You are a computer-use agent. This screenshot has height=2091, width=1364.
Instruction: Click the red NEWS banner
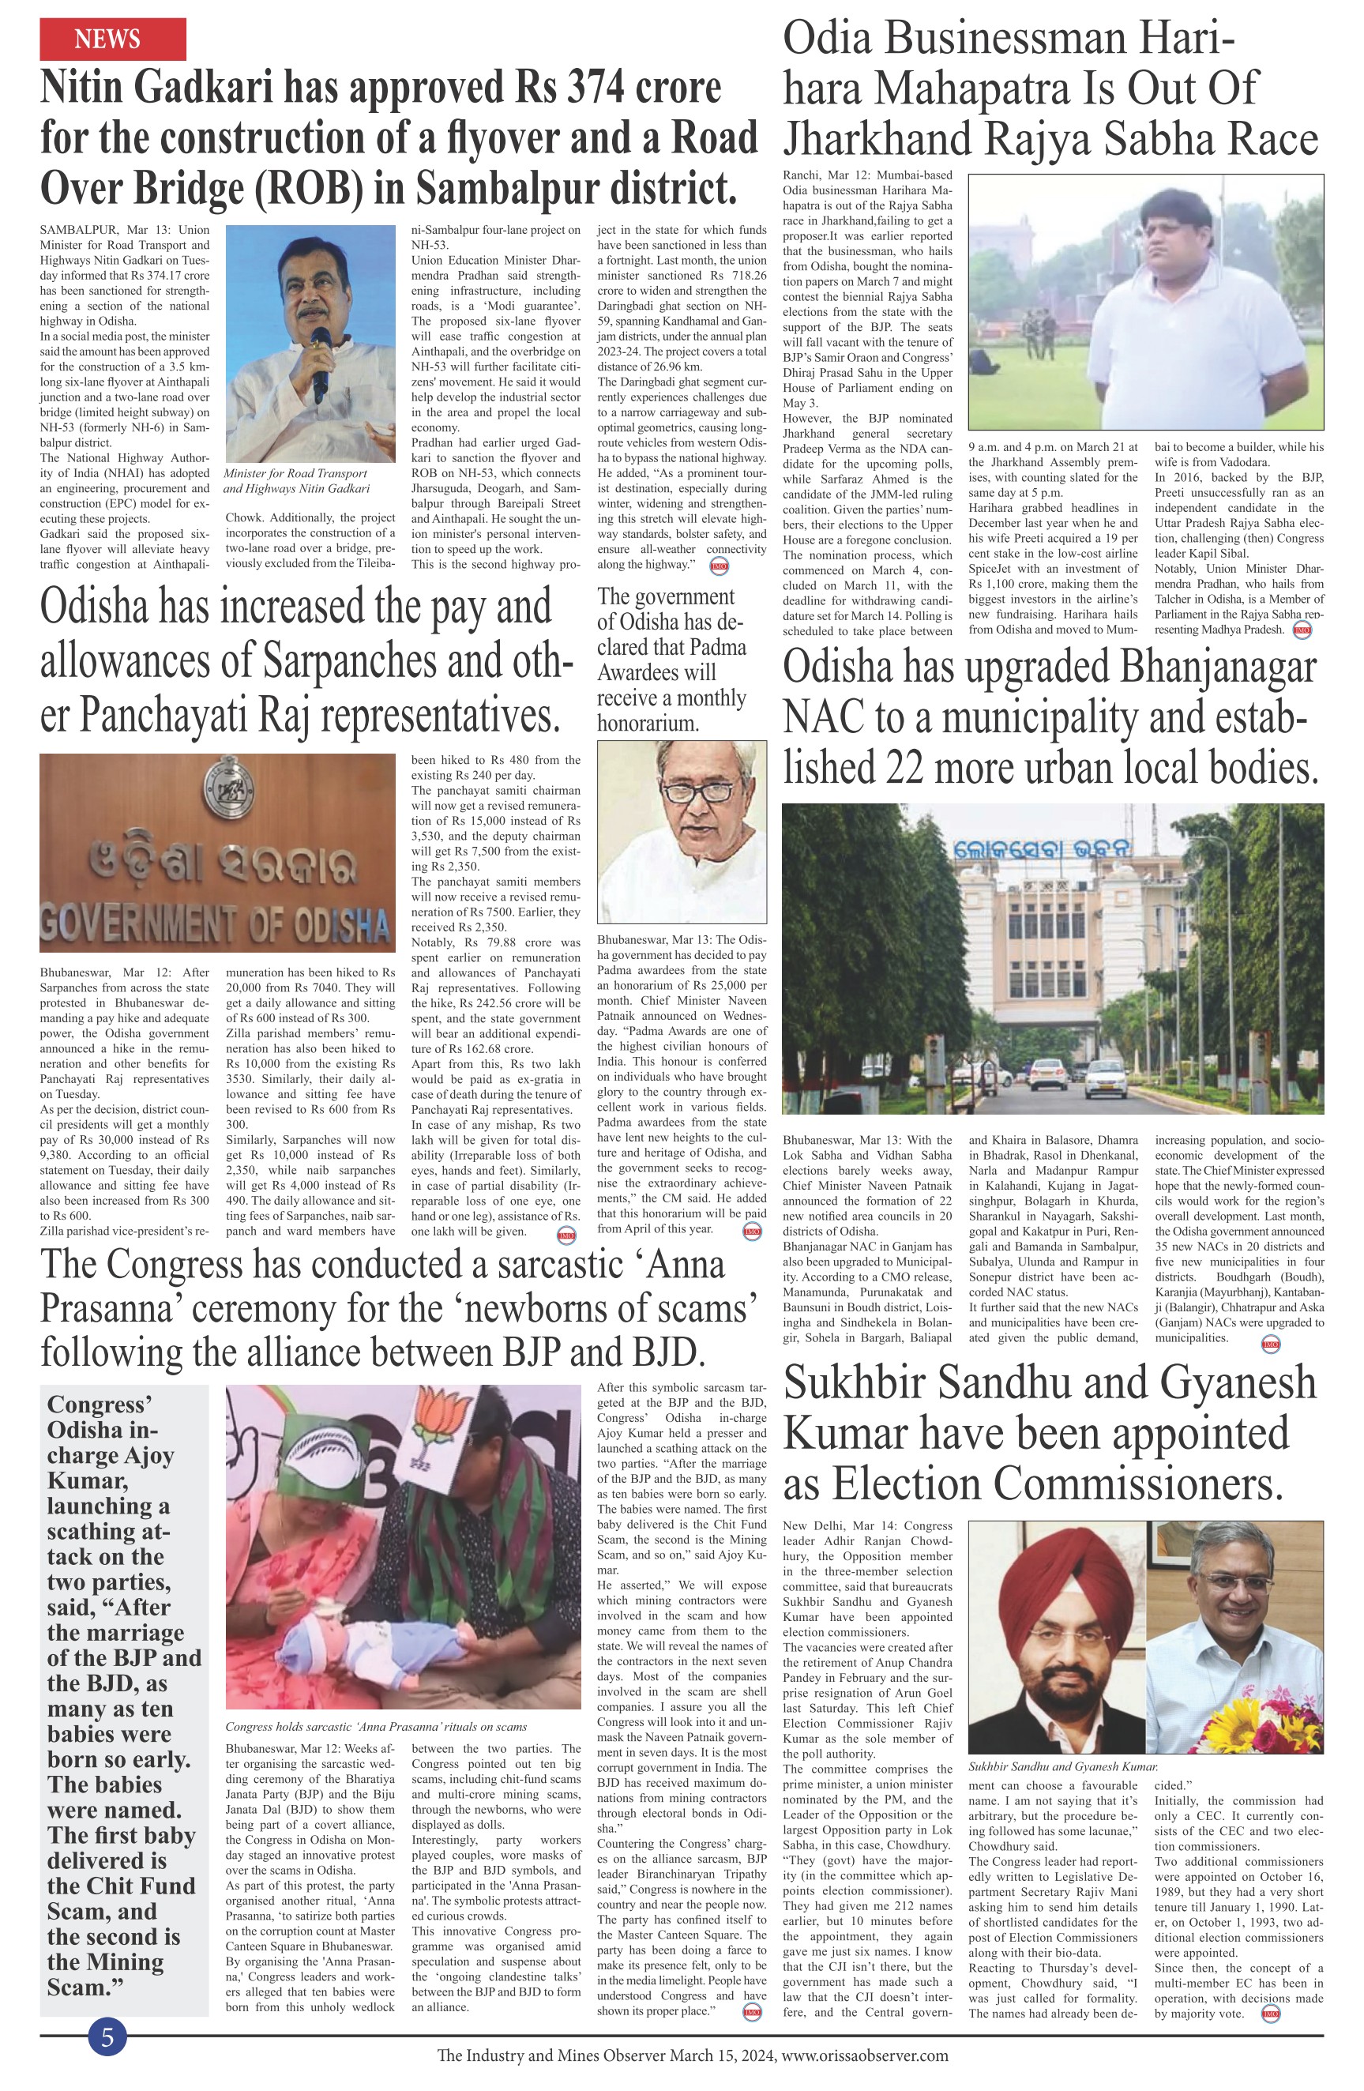coord(112,39)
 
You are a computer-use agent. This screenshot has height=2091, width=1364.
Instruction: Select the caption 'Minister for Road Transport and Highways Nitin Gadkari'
coord(296,480)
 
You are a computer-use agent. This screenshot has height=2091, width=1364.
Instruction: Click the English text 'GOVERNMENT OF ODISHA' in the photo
coord(215,923)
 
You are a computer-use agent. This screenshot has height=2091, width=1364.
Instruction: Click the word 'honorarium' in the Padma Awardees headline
coord(648,723)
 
